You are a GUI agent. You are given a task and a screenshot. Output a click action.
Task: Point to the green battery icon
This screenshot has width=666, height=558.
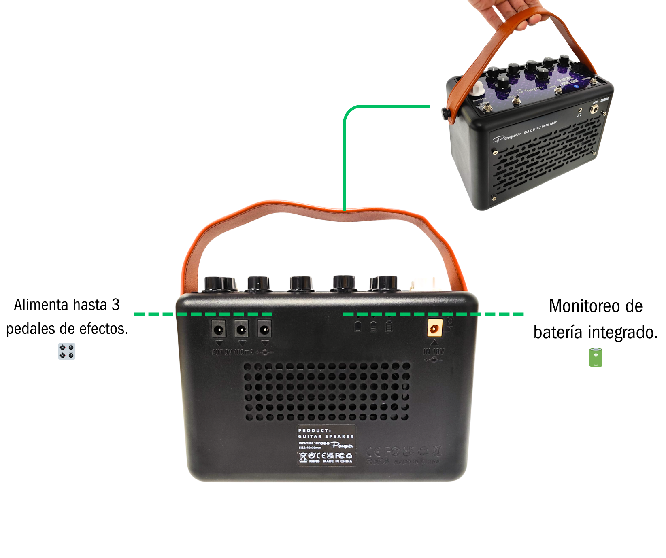[596, 358]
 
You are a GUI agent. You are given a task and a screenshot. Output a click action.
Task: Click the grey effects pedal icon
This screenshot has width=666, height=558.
[67, 351]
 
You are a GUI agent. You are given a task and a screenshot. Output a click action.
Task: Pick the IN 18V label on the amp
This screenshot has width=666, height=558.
[434, 352]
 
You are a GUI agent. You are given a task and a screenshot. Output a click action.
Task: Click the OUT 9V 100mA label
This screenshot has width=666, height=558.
[233, 352]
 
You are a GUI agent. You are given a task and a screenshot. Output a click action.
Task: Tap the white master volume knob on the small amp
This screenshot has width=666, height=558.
[477, 88]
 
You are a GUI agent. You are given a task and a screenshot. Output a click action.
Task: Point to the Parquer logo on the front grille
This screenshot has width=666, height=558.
[506, 137]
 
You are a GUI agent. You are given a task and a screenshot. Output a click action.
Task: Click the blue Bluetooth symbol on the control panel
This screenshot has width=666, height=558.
[576, 86]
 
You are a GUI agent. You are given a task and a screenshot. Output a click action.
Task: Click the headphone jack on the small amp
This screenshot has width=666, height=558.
[580, 110]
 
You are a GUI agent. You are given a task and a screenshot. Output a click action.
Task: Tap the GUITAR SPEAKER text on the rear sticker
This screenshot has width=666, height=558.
[326, 437]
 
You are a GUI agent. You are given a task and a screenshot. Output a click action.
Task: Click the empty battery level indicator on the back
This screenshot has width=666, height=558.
[358, 327]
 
